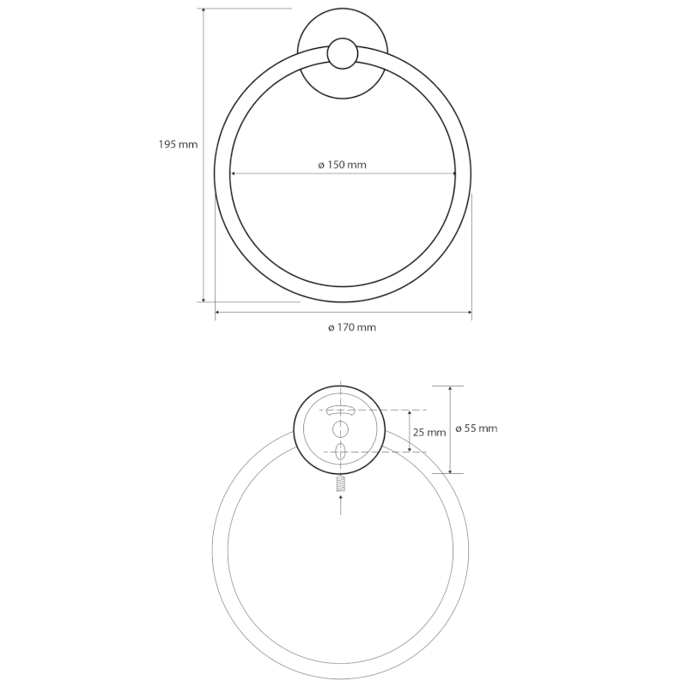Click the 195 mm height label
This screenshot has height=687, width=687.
click(x=178, y=144)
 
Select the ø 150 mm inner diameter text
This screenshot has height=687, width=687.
click(x=342, y=165)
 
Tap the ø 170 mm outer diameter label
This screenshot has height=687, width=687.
click(x=352, y=327)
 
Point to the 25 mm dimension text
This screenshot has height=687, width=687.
click(x=429, y=433)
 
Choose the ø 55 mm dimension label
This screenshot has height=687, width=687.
click(x=476, y=428)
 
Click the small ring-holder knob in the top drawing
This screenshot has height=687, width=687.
click(x=343, y=53)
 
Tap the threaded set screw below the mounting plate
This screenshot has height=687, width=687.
click(x=341, y=484)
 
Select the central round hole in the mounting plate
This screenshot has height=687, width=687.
click(x=341, y=429)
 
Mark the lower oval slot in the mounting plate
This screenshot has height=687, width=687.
click(x=341, y=452)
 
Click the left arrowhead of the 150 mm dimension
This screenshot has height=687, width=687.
click(x=233, y=174)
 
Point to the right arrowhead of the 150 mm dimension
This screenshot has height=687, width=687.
click(x=453, y=174)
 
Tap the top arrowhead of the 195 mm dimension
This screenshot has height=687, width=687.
click(x=204, y=12)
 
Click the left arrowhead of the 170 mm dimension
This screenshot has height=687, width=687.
click(x=218, y=313)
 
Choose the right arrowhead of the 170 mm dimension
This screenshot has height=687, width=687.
click(x=468, y=313)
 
